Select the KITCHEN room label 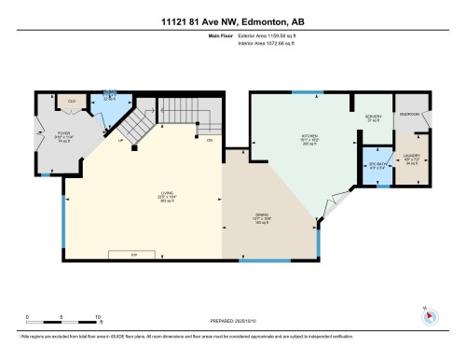point(309,135)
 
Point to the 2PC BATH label point(376,155)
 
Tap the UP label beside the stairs point(121,141)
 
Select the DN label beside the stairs point(210,140)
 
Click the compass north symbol point(429,314)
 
